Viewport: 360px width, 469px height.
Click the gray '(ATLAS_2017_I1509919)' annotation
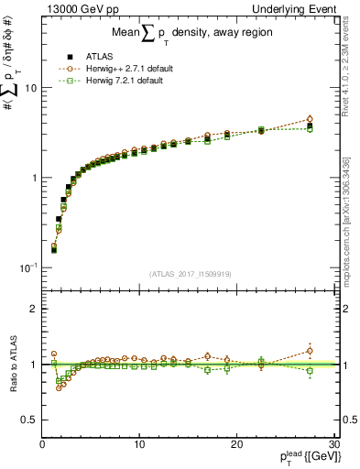point(189,273)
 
